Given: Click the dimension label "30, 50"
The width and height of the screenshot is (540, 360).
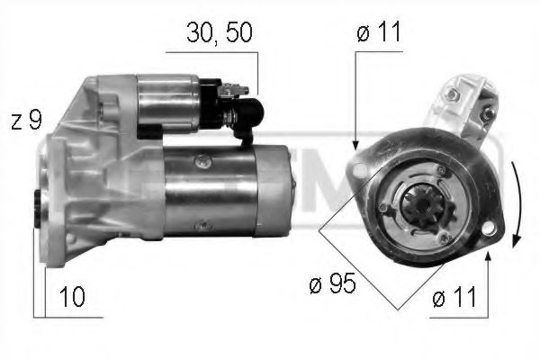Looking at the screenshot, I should pyautogui.click(x=219, y=33).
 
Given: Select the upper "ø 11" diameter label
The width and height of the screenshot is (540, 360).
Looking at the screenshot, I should pyautogui.click(x=378, y=33).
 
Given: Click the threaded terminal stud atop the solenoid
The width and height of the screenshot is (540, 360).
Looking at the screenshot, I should pyautogui.click(x=236, y=87).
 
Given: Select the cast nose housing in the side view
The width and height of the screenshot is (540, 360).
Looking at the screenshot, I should pyautogui.click(x=85, y=171).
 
